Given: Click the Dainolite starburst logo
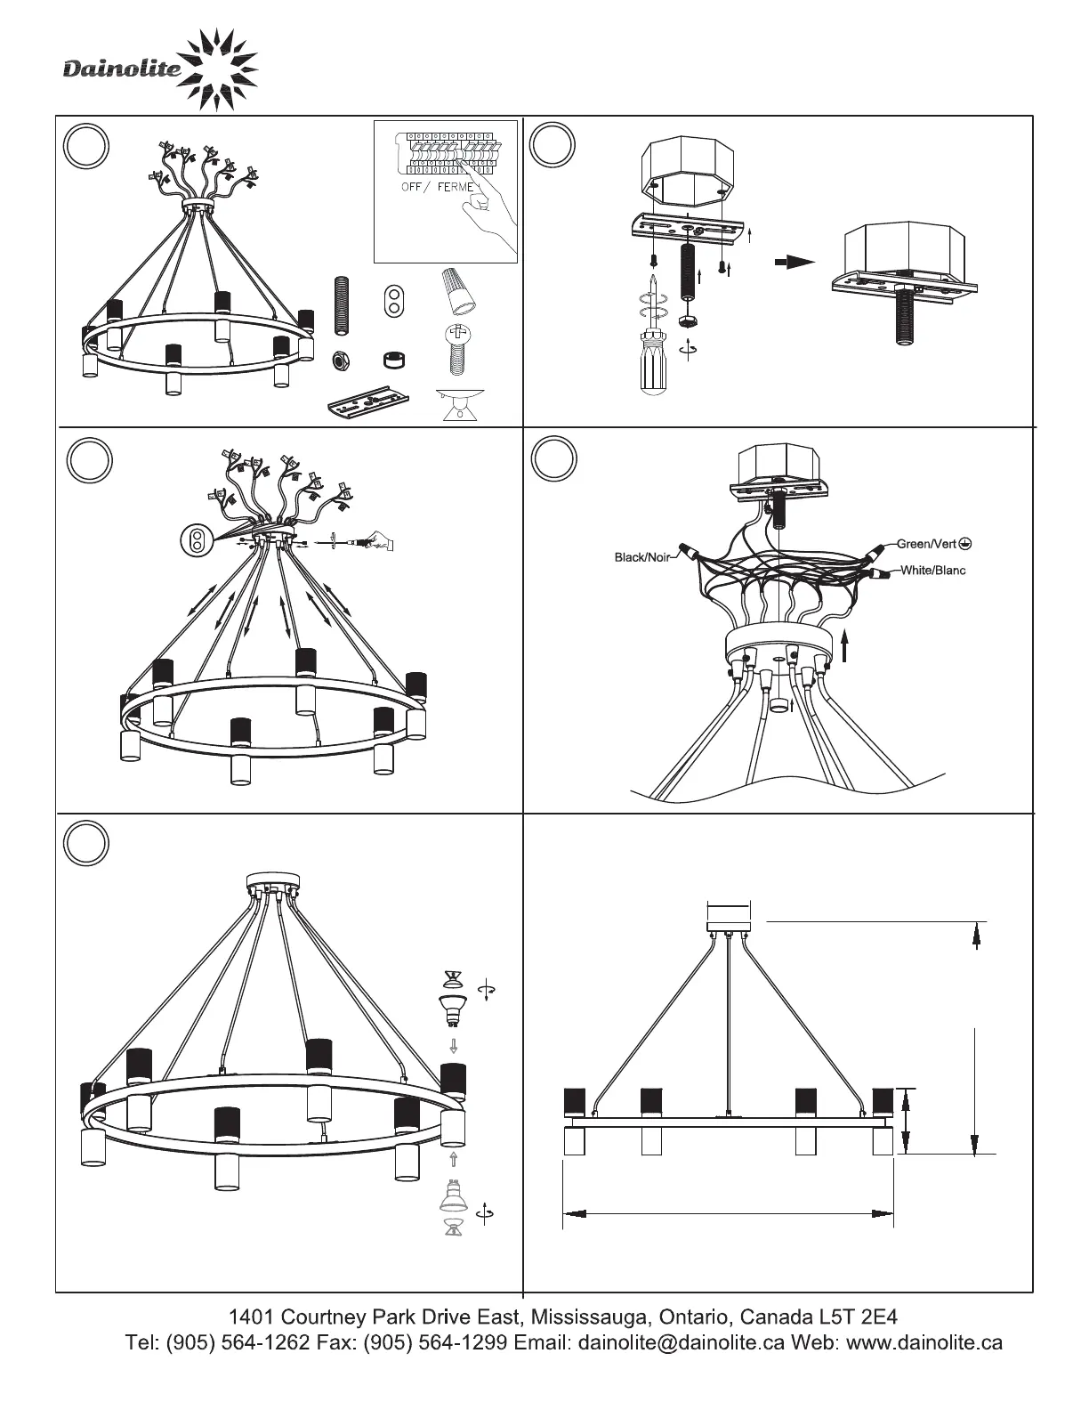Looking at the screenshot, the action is point(217,69).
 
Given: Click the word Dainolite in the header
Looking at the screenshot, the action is point(121,69).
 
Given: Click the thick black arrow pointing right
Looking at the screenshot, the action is point(794,262).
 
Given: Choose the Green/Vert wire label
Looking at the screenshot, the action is point(925,543).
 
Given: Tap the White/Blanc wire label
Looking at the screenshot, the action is point(932,570).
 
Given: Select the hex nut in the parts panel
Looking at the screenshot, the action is point(338,361).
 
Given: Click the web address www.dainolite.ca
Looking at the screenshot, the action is point(924,1342).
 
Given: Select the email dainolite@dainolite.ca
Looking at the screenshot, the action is point(682,1342).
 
